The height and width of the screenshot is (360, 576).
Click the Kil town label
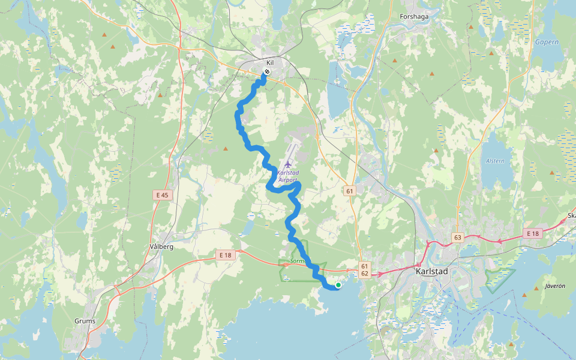point(270,62)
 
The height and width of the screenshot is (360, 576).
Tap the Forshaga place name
point(414,17)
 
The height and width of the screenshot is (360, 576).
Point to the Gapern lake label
point(547,42)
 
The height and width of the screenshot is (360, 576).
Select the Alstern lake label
point(494,161)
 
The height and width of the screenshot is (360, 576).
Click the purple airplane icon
point(287,164)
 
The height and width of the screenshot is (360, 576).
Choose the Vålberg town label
point(160,247)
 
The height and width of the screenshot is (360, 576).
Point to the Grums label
point(85,321)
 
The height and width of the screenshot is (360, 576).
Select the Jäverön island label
point(554,286)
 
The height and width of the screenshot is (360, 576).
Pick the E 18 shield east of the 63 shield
point(532,233)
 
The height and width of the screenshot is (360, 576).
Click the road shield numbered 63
point(458,237)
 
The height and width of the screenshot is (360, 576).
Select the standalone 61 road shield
point(350,191)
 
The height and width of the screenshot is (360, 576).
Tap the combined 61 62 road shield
point(364,269)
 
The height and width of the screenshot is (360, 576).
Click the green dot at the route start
point(338,285)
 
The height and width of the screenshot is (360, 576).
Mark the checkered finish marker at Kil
point(266,73)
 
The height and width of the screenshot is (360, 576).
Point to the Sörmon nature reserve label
point(298,262)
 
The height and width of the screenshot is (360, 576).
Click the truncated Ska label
point(571,216)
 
